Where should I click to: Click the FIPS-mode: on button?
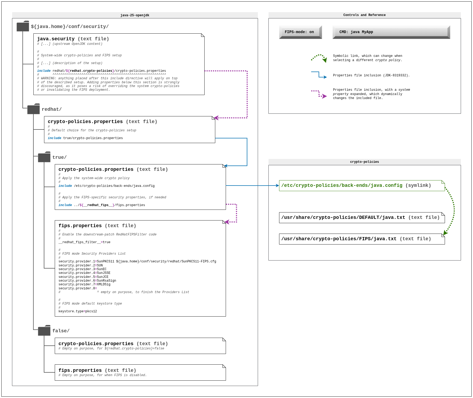pos(300,32)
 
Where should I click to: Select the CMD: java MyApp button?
pos(391,32)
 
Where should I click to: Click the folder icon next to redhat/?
pos(33,109)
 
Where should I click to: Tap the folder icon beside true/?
pos(44,157)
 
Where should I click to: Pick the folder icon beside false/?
pos(44,330)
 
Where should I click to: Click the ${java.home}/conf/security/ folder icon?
pos(23,26)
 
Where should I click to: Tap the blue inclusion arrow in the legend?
pos(319,75)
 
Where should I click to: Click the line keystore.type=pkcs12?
pos(78,312)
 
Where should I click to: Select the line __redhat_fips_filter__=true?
pos(84,242)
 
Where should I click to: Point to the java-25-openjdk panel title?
pos(135,15)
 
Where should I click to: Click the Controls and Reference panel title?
pos(365,15)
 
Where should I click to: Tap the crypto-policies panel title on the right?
pos(365,162)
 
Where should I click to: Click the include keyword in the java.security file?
pos(44,71)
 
